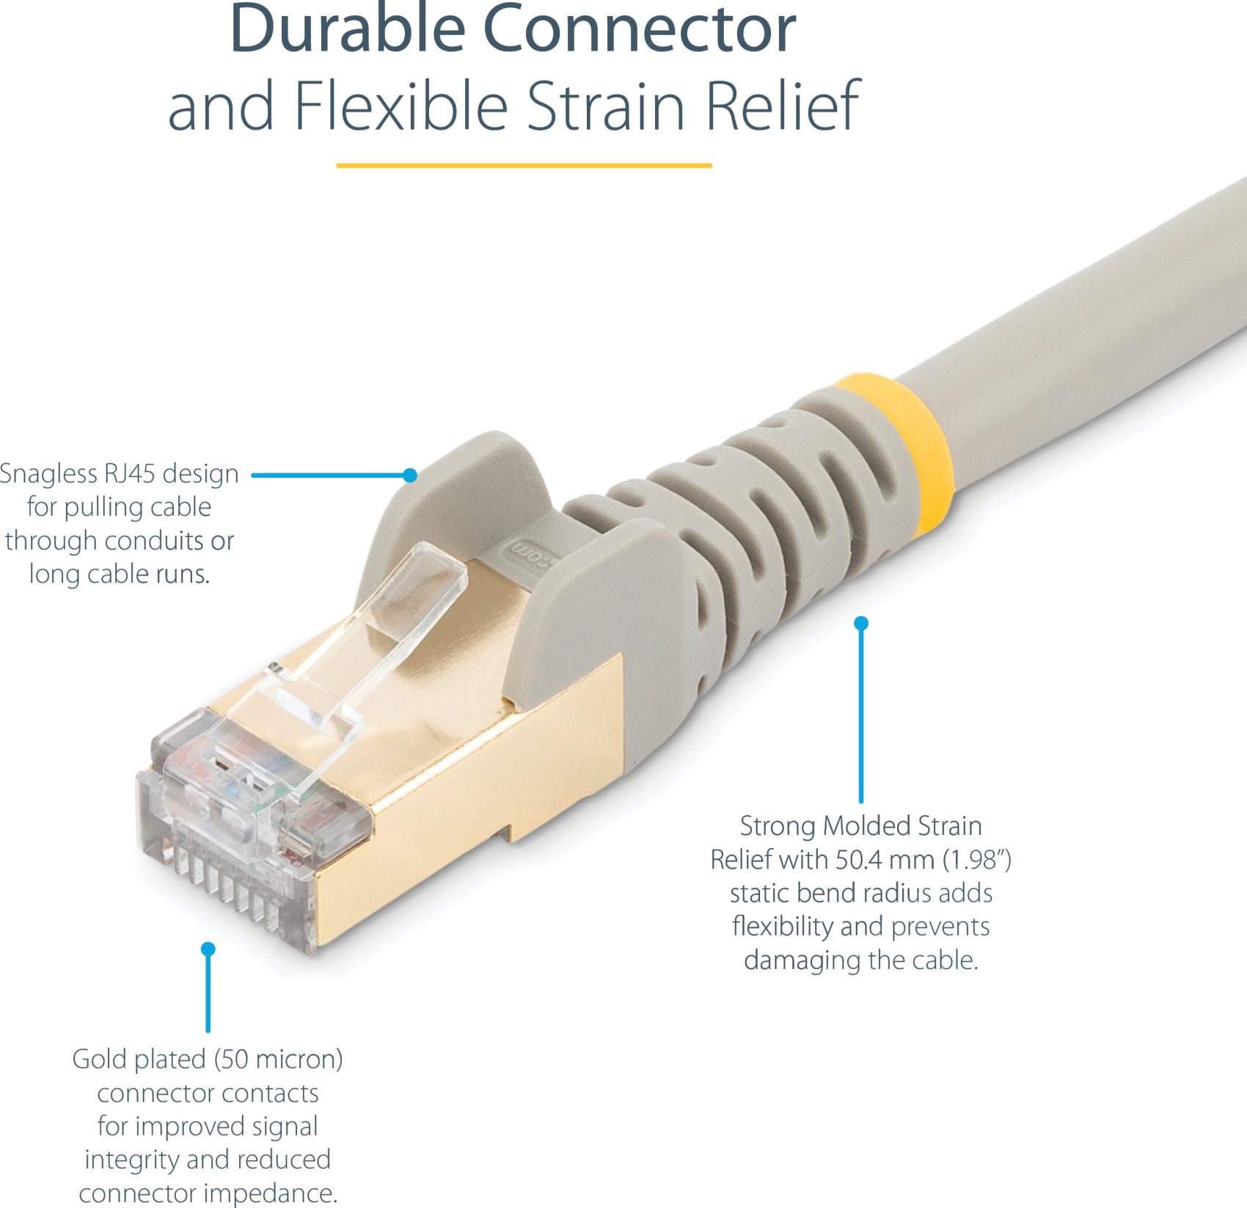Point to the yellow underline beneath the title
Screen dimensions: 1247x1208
point(524,166)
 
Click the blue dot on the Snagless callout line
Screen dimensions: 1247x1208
point(410,475)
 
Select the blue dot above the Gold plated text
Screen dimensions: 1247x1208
point(208,949)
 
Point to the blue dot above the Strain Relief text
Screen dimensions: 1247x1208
point(861,623)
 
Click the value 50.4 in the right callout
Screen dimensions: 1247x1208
point(857,860)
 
